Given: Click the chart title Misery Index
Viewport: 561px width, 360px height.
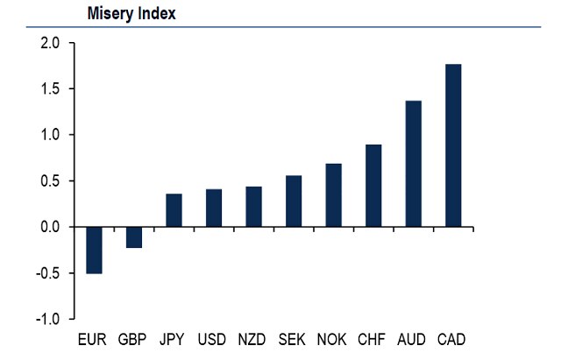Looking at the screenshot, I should point(131,14).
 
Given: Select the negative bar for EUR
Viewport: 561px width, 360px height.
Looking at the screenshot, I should point(94,250).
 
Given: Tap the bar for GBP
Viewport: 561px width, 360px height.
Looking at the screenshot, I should point(134,237).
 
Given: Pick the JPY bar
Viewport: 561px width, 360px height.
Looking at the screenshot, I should point(174,210).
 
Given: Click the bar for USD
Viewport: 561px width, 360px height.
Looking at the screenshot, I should point(214,208).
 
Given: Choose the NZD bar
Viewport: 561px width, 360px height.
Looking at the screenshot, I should point(254,207).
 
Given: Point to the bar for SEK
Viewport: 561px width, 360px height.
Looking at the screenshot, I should point(294,201).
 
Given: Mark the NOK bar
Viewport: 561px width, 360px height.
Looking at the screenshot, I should point(333,195).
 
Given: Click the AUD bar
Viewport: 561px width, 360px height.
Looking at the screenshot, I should point(413,164).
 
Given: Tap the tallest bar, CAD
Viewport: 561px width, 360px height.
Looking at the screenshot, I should point(453,145).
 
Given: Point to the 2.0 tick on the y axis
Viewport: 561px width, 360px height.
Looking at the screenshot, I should point(49,43).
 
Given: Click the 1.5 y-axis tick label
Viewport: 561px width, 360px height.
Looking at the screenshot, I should point(49,89).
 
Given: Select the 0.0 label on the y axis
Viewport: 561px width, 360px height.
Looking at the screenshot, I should point(49,227).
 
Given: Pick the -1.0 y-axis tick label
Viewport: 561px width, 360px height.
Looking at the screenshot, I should point(47,319).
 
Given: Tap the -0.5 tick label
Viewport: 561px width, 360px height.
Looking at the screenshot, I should point(47,273).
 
